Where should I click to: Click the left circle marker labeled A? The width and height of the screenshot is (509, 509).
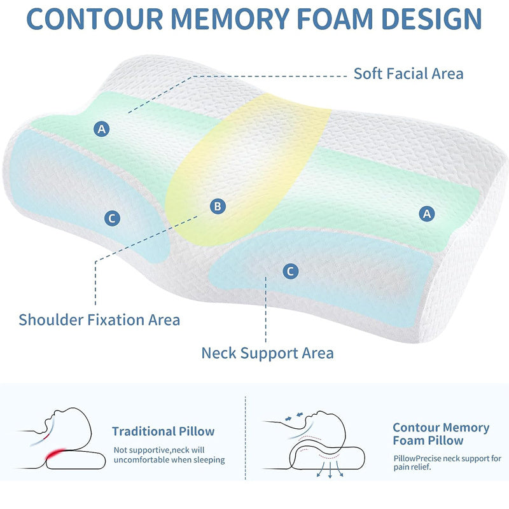[102, 129]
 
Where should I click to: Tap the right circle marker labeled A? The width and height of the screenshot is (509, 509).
[428, 214]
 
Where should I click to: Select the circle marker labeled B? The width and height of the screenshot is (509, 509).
[218, 206]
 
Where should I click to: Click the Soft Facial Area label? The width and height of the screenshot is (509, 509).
[408, 73]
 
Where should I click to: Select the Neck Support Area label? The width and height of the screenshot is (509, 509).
[267, 352]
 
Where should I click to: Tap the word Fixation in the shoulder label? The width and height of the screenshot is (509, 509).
[114, 319]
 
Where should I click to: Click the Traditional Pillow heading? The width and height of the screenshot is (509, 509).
[164, 431]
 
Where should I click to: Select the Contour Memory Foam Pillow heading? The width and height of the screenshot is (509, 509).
[440, 434]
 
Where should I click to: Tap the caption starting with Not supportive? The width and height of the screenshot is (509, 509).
[169, 455]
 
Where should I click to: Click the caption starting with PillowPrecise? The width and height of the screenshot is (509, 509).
[447, 463]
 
